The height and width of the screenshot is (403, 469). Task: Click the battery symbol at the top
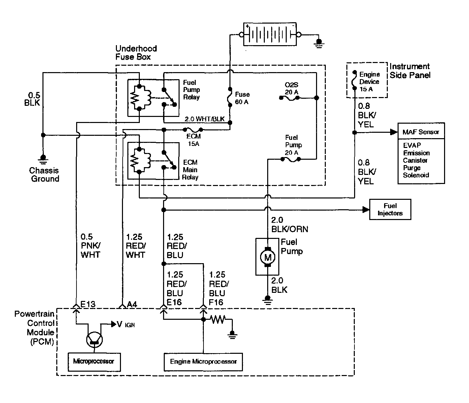(x=270, y=34)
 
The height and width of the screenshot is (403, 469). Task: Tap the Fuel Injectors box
(x=390, y=210)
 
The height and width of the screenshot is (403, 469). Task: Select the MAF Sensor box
(x=421, y=132)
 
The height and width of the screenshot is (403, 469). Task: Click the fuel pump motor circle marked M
(x=268, y=257)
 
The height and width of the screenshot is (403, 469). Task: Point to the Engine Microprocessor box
(x=203, y=362)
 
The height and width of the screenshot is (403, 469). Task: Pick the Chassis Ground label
(x=44, y=175)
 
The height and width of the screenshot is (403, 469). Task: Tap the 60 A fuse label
(x=242, y=98)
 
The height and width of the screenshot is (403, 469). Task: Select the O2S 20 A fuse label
(x=291, y=89)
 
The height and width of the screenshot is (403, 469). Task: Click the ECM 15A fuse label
(x=193, y=140)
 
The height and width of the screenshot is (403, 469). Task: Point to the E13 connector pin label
(x=88, y=304)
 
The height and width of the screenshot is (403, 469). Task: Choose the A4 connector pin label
(x=132, y=304)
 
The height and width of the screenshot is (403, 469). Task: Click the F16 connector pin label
(x=216, y=302)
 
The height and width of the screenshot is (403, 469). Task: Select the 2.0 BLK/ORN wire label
(x=289, y=224)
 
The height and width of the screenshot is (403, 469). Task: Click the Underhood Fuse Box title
(x=136, y=53)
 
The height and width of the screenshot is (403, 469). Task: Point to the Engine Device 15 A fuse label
(x=369, y=82)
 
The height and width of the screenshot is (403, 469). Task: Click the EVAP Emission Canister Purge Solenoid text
(x=416, y=160)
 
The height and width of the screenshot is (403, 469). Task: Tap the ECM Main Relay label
(x=190, y=170)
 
